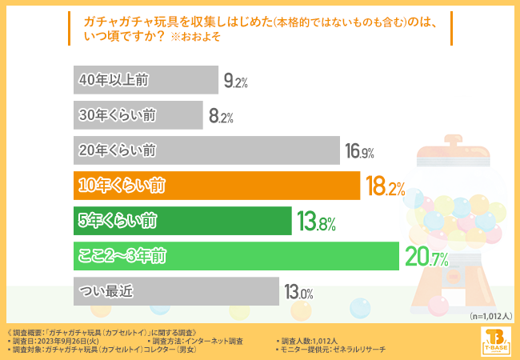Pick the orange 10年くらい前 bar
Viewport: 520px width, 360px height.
point(216,186)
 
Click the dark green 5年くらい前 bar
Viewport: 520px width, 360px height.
point(182,221)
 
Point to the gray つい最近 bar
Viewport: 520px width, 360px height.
point(175,291)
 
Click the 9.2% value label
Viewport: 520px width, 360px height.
point(236,81)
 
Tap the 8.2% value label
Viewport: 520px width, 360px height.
point(221,116)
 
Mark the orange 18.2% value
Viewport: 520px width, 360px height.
point(385,187)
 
